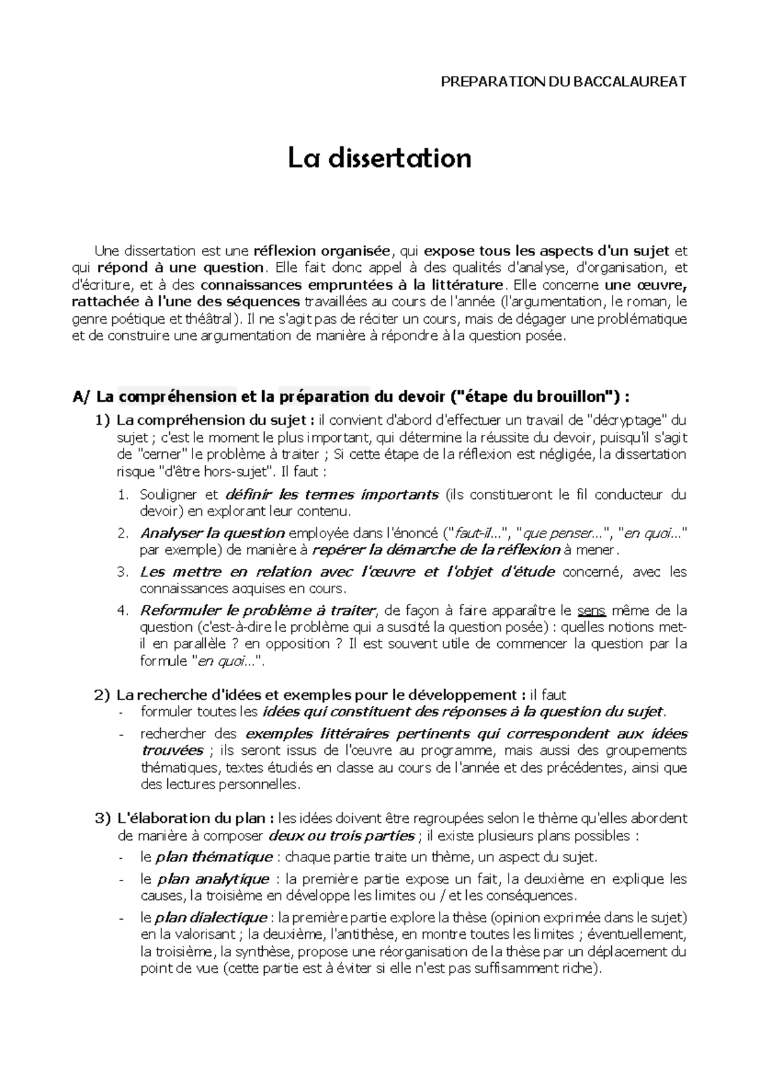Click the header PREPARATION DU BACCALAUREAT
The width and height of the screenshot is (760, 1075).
click(564, 82)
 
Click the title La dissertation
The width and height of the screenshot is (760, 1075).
click(379, 158)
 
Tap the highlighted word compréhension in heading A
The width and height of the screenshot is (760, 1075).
click(177, 397)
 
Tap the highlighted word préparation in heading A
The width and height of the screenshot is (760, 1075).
click(324, 397)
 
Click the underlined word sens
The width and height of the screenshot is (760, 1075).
click(592, 611)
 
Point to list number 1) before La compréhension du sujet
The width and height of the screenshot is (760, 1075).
click(103, 420)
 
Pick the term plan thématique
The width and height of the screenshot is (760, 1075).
click(214, 857)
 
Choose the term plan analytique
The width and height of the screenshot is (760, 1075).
click(213, 879)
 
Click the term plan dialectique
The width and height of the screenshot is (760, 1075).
click(210, 918)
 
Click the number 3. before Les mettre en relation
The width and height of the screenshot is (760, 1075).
click(123, 572)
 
